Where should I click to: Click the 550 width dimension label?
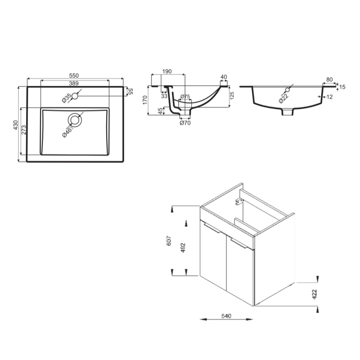74,75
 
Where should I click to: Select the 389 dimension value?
74,83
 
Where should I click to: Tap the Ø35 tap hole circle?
75,96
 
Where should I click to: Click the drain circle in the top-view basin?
75,120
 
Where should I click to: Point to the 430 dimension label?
16,125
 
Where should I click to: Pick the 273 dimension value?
23,130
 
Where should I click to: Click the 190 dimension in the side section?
167,71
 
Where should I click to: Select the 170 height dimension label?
145,100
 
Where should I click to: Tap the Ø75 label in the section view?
185,97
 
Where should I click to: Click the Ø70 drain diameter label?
185,123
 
